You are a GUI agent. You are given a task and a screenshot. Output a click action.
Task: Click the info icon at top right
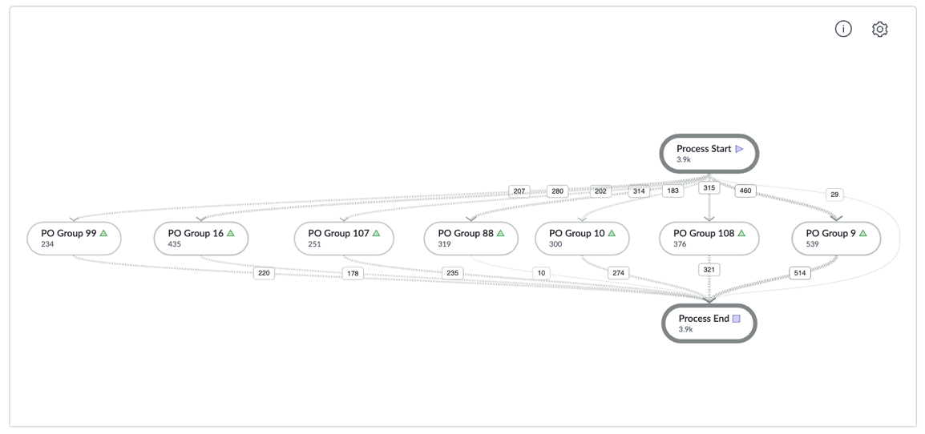(x=843, y=29)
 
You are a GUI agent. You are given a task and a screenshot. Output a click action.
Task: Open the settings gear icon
(x=879, y=29)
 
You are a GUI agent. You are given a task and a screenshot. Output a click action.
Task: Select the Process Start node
(x=709, y=154)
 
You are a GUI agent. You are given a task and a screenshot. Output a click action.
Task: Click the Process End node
(x=709, y=323)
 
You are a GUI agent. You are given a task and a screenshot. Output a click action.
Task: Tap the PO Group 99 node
(x=75, y=239)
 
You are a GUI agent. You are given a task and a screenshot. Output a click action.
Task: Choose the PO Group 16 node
(x=201, y=239)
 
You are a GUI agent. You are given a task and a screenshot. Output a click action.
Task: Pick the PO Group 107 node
(x=344, y=239)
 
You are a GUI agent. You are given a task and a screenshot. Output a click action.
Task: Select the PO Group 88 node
(x=471, y=239)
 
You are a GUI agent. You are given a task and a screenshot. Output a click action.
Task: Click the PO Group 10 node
(x=582, y=239)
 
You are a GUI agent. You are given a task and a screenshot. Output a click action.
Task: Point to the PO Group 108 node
(x=709, y=239)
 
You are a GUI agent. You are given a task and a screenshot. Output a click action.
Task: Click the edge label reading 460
(x=745, y=191)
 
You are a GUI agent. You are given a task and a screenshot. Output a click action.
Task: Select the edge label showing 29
(x=834, y=194)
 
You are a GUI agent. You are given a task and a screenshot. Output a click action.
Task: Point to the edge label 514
(x=799, y=273)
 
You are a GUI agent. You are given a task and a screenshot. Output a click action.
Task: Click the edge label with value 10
(x=541, y=273)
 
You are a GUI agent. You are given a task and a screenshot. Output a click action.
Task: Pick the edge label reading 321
(x=709, y=270)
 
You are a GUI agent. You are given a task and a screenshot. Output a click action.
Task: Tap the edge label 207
(x=519, y=191)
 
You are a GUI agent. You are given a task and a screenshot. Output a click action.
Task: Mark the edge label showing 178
(x=353, y=274)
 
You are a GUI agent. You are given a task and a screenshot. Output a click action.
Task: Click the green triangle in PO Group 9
(x=863, y=234)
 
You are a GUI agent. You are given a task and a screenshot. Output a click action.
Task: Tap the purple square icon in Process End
(x=736, y=319)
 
